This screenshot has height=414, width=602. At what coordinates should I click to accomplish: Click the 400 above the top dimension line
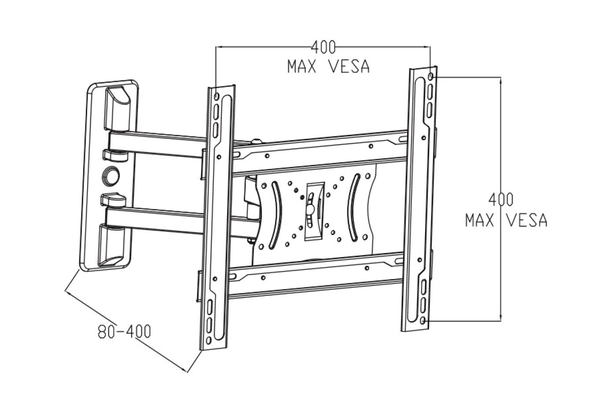(323, 46)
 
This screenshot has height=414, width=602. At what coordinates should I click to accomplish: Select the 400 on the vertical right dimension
(501, 199)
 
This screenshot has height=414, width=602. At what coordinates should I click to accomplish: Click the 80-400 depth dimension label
(124, 331)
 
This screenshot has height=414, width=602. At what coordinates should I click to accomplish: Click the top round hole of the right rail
(430, 78)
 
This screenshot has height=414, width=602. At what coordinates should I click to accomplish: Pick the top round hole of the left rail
(217, 96)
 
